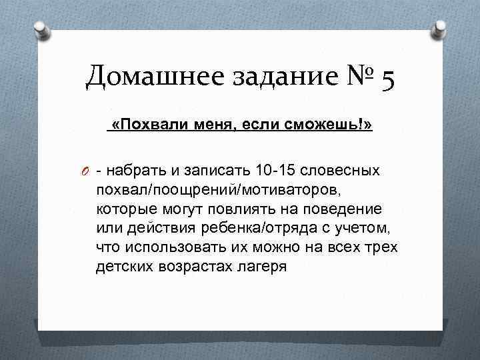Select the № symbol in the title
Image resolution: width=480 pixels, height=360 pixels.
[357, 79]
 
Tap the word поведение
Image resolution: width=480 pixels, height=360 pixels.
[350, 209]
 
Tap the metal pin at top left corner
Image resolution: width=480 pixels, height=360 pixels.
[41, 30]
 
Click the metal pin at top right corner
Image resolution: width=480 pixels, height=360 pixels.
[441, 29]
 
